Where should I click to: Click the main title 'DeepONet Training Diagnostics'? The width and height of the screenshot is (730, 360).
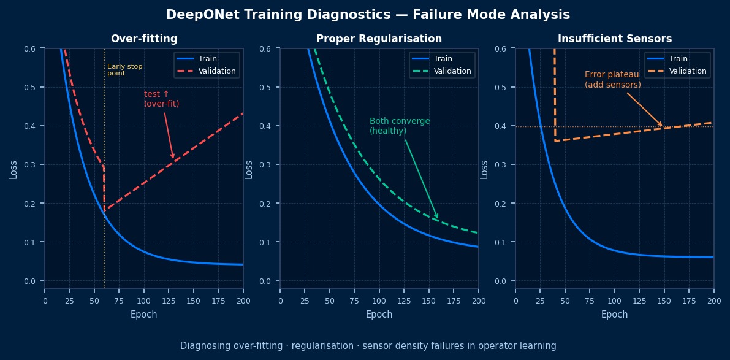tap(368, 15)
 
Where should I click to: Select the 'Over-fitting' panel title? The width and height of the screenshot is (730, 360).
tap(144, 39)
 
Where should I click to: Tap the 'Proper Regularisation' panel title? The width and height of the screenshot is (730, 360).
tap(379, 39)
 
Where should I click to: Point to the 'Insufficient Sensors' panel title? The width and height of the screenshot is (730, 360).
tap(615, 39)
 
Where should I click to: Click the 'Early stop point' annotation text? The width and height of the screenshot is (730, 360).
tap(124, 70)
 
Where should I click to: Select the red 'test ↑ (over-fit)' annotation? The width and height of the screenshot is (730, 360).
tap(161, 99)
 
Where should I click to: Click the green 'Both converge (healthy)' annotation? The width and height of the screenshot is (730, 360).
tap(400, 126)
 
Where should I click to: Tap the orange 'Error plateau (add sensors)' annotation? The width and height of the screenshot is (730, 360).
tap(612, 80)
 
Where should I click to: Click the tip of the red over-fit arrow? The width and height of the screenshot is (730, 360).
tap(173, 158)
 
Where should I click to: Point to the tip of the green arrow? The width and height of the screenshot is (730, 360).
tap(438, 218)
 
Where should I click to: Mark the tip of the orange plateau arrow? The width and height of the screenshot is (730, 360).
tap(663, 127)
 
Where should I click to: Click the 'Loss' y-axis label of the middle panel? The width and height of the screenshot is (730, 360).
tap(249, 169)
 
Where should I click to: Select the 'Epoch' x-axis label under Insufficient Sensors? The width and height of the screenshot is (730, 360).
tap(615, 315)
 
